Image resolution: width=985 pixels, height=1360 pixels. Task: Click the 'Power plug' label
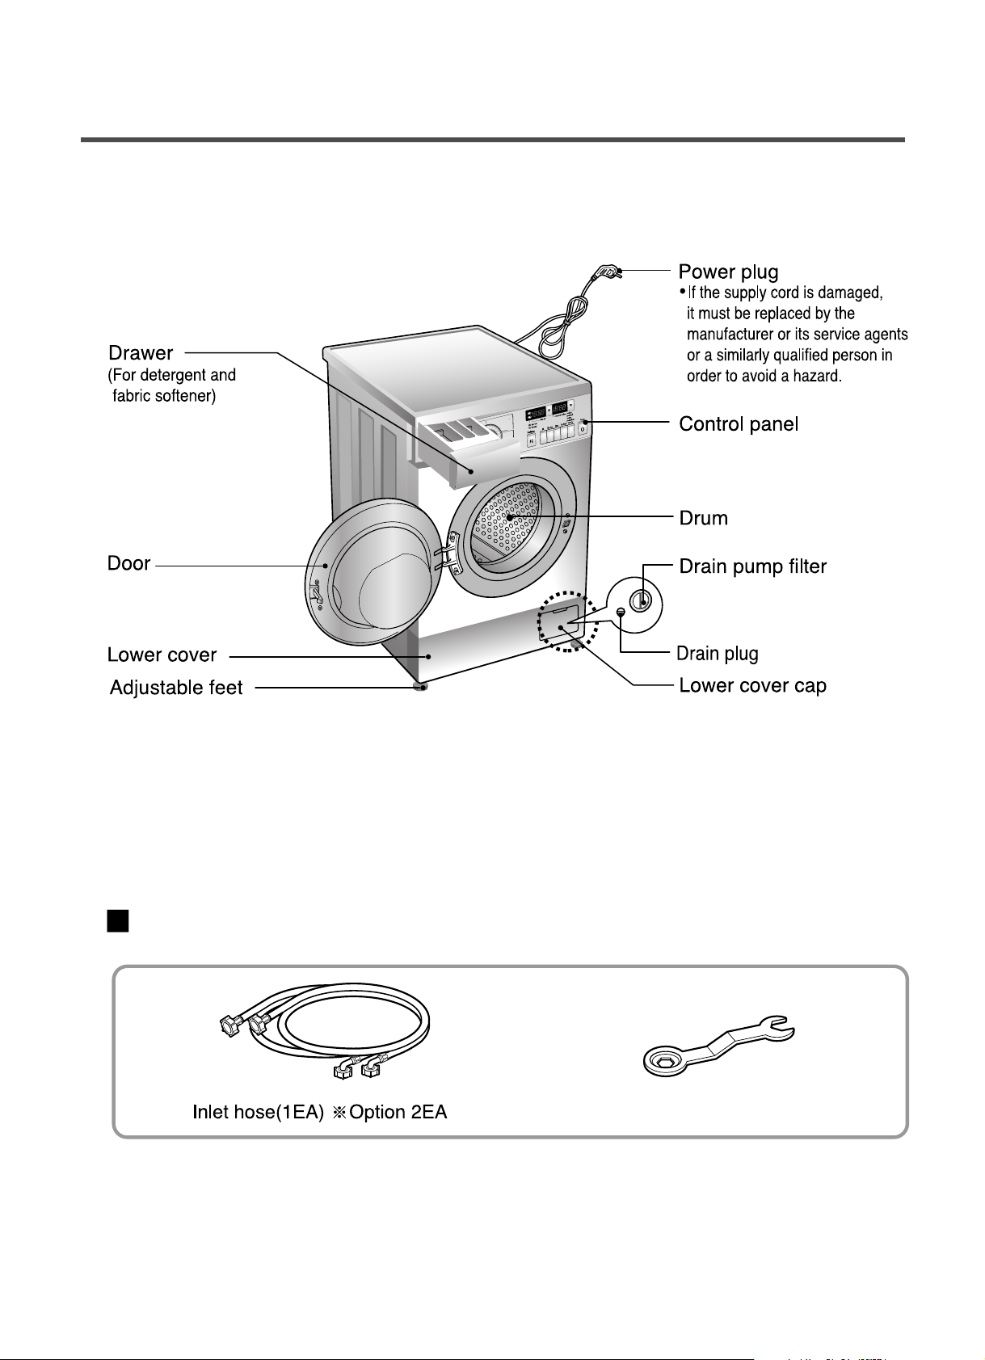pyautogui.click(x=728, y=272)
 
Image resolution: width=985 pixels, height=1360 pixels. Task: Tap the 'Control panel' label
pyautogui.click(x=738, y=424)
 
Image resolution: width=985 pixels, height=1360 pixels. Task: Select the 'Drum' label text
pyautogui.click(x=703, y=518)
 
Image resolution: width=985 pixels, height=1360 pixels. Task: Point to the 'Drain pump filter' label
pyautogui.click(x=752, y=566)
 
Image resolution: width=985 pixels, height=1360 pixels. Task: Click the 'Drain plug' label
pyautogui.click(x=717, y=653)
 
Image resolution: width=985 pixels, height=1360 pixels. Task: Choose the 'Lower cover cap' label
pyautogui.click(x=752, y=686)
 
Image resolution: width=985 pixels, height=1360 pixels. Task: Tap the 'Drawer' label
pyautogui.click(x=141, y=353)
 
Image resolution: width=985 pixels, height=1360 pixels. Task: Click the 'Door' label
pyautogui.click(x=128, y=563)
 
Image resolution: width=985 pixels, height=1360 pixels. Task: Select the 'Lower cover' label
pyautogui.click(x=162, y=655)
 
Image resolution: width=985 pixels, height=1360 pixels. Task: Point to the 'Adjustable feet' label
pyautogui.click(x=176, y=688)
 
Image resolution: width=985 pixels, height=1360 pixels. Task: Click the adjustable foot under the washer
pyautogui.click(x=421, y=687)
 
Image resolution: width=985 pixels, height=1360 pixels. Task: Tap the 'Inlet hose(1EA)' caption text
pyautogui.click(x=258, y=1113)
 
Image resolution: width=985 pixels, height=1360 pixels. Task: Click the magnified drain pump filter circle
pyautogui.click(x=634, y=601)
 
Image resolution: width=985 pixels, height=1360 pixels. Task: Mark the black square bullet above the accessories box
pyautogui.click(x=118, y=921)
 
